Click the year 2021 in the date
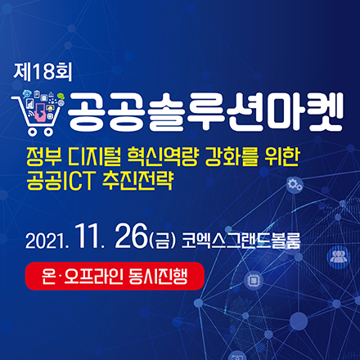pos(47,242)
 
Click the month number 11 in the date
pos(90,240)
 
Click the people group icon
pos(338,256)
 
